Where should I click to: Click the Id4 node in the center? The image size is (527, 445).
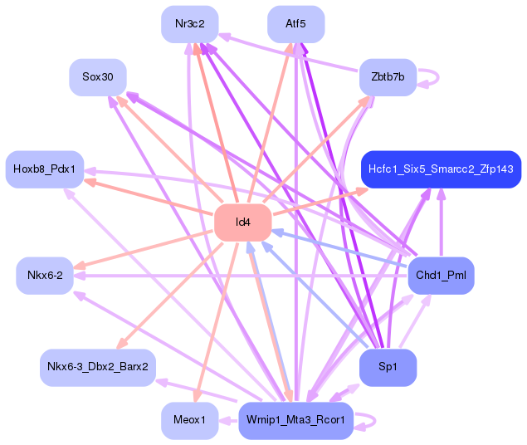243,222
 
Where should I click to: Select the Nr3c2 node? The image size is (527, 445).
190,24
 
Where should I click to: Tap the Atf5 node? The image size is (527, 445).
295,24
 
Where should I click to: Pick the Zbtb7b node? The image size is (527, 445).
388,77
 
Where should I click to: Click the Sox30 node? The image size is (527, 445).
97,77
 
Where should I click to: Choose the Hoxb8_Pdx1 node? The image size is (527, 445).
44,169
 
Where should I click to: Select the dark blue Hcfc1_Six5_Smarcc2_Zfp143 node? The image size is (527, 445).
441,169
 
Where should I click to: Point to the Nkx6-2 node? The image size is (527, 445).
45,275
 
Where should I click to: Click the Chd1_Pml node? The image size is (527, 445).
441,275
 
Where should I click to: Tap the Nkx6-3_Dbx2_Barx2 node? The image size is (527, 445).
97,367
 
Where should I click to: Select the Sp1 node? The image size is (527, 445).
388,367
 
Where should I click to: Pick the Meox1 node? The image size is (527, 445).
190,420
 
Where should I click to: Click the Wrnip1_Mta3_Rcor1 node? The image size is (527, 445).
295,420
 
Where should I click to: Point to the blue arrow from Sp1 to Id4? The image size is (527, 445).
315,295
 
